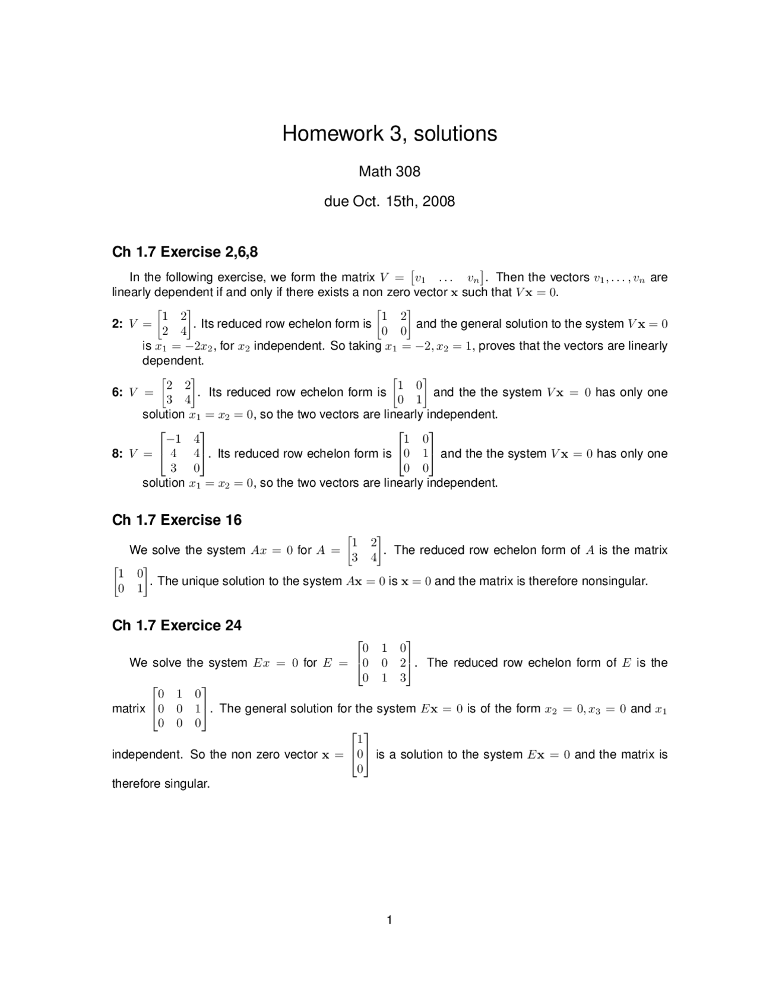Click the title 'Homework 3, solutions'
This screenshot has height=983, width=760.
click(389, 134)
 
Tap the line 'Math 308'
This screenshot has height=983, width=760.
click(389, 172)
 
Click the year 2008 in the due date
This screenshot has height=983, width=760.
click(439, 201)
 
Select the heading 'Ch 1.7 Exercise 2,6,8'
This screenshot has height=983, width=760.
click(185, 252)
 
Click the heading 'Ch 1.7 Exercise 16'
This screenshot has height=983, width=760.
click(177, 520)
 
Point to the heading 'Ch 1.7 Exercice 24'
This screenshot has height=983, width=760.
click(177, 625)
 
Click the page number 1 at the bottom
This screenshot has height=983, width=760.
click(389, 920)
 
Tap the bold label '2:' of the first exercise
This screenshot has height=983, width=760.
click(118, 324)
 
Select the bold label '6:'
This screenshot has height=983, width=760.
click(118, 392)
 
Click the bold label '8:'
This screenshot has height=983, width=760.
click(118, 454)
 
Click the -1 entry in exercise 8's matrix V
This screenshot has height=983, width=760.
click(173, 439)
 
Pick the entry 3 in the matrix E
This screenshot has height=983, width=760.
click(403, 678)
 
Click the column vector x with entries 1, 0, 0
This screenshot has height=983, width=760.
click(360, 754)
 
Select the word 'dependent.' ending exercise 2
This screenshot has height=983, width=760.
click(173, 361)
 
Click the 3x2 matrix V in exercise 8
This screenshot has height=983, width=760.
click(182, 454)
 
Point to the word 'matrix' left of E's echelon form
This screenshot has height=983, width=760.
click(129, 709)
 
